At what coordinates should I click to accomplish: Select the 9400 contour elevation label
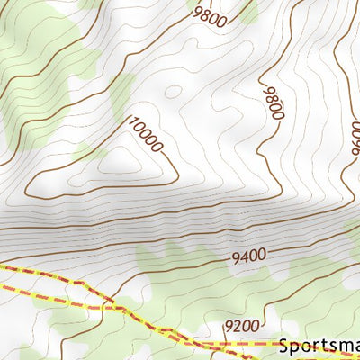click(248, 256)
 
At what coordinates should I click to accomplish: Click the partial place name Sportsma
click(319, 346)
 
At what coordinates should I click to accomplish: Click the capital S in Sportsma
click(284, 346)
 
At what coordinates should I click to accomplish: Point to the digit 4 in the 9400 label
click(244, 257)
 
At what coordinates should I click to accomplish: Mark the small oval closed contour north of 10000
click(172, 91)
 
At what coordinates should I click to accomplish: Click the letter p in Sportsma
click(295, 347)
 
